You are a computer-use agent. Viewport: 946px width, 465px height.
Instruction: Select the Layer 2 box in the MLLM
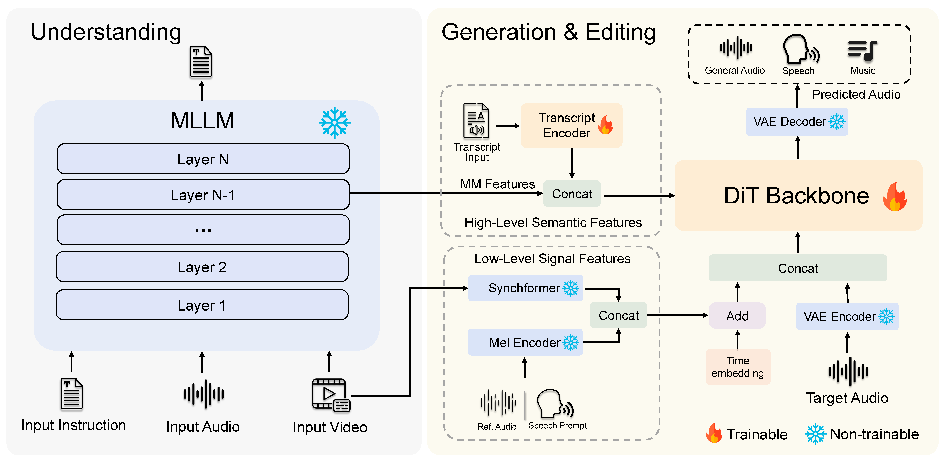click(x=202, y=267)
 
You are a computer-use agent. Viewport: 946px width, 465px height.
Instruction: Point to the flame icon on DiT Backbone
click(x=895, y=197)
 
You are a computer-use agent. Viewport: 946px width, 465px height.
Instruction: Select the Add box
click(x=737, y=316)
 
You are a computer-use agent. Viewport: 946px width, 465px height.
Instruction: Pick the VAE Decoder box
click(x=797, y=121)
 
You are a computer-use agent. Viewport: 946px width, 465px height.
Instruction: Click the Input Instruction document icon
click(x=72, y=394)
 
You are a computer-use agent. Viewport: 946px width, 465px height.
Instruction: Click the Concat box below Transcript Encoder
click(x=572, y=194)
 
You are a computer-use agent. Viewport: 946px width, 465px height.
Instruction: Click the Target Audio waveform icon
click(x=848, y=371)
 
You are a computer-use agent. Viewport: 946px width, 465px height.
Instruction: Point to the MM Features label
click(x=498, y=184)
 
